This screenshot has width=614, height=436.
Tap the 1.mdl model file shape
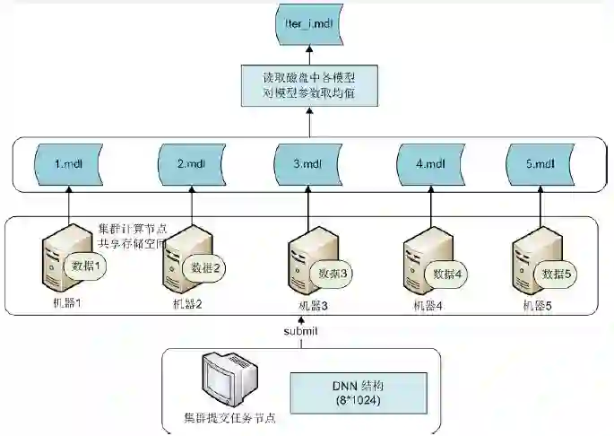coord(69,163)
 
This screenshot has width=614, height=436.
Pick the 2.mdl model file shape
coord(191,163)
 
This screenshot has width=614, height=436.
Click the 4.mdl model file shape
coord(430,163)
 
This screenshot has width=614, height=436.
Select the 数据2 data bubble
coord(203,266)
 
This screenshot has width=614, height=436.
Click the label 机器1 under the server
coord(65,303)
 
